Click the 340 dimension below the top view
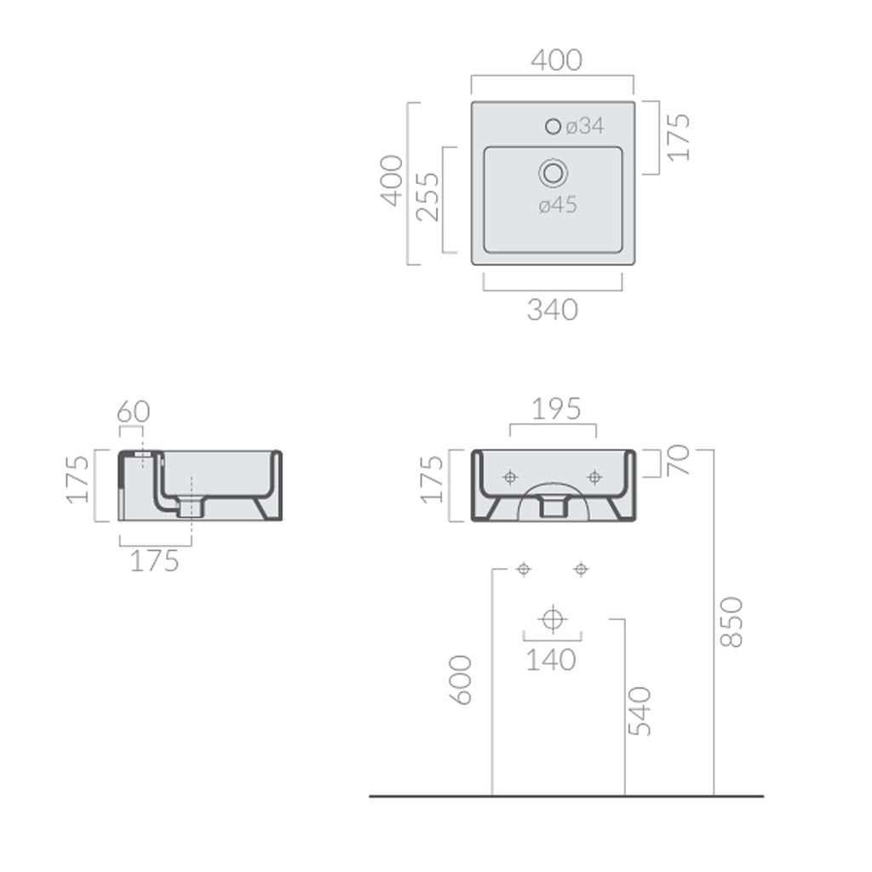(552, 310)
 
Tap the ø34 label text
(585, 126)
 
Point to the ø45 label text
(558, 205)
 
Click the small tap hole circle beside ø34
(553, 127)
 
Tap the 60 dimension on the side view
(133, 412)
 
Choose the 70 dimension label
(680, 461)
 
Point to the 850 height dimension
(731, 622)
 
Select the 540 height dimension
(639, 710)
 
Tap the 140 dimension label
(552, 659)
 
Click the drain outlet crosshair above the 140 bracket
(553, 618)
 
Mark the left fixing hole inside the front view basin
(510, 477)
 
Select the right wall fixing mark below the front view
(581, 569)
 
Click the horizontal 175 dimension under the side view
(154, 560)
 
